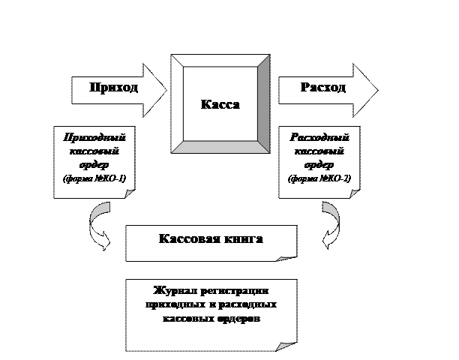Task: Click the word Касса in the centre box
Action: tap(220, 104)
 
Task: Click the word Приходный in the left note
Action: tap(94, 138)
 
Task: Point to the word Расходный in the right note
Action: tap(319, 138)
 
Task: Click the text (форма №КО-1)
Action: tap(94, 179)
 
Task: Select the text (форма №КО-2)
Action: tap(319, 179)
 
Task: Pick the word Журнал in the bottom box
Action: tap(175, 290)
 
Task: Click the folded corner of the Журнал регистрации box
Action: tap(286, 346)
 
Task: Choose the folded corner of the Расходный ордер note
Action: tap(353, 193)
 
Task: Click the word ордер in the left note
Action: tap(94, 165)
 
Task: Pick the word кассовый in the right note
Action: tap(319, 151)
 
